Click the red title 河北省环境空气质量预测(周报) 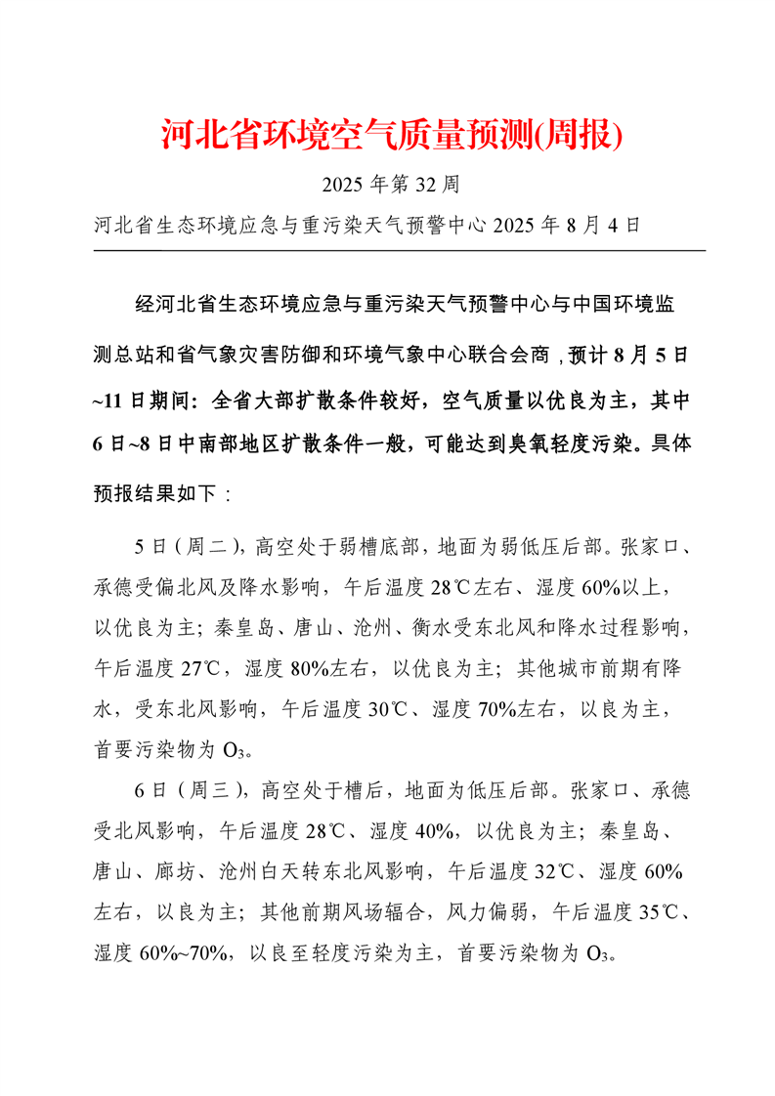391,135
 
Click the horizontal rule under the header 400,251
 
